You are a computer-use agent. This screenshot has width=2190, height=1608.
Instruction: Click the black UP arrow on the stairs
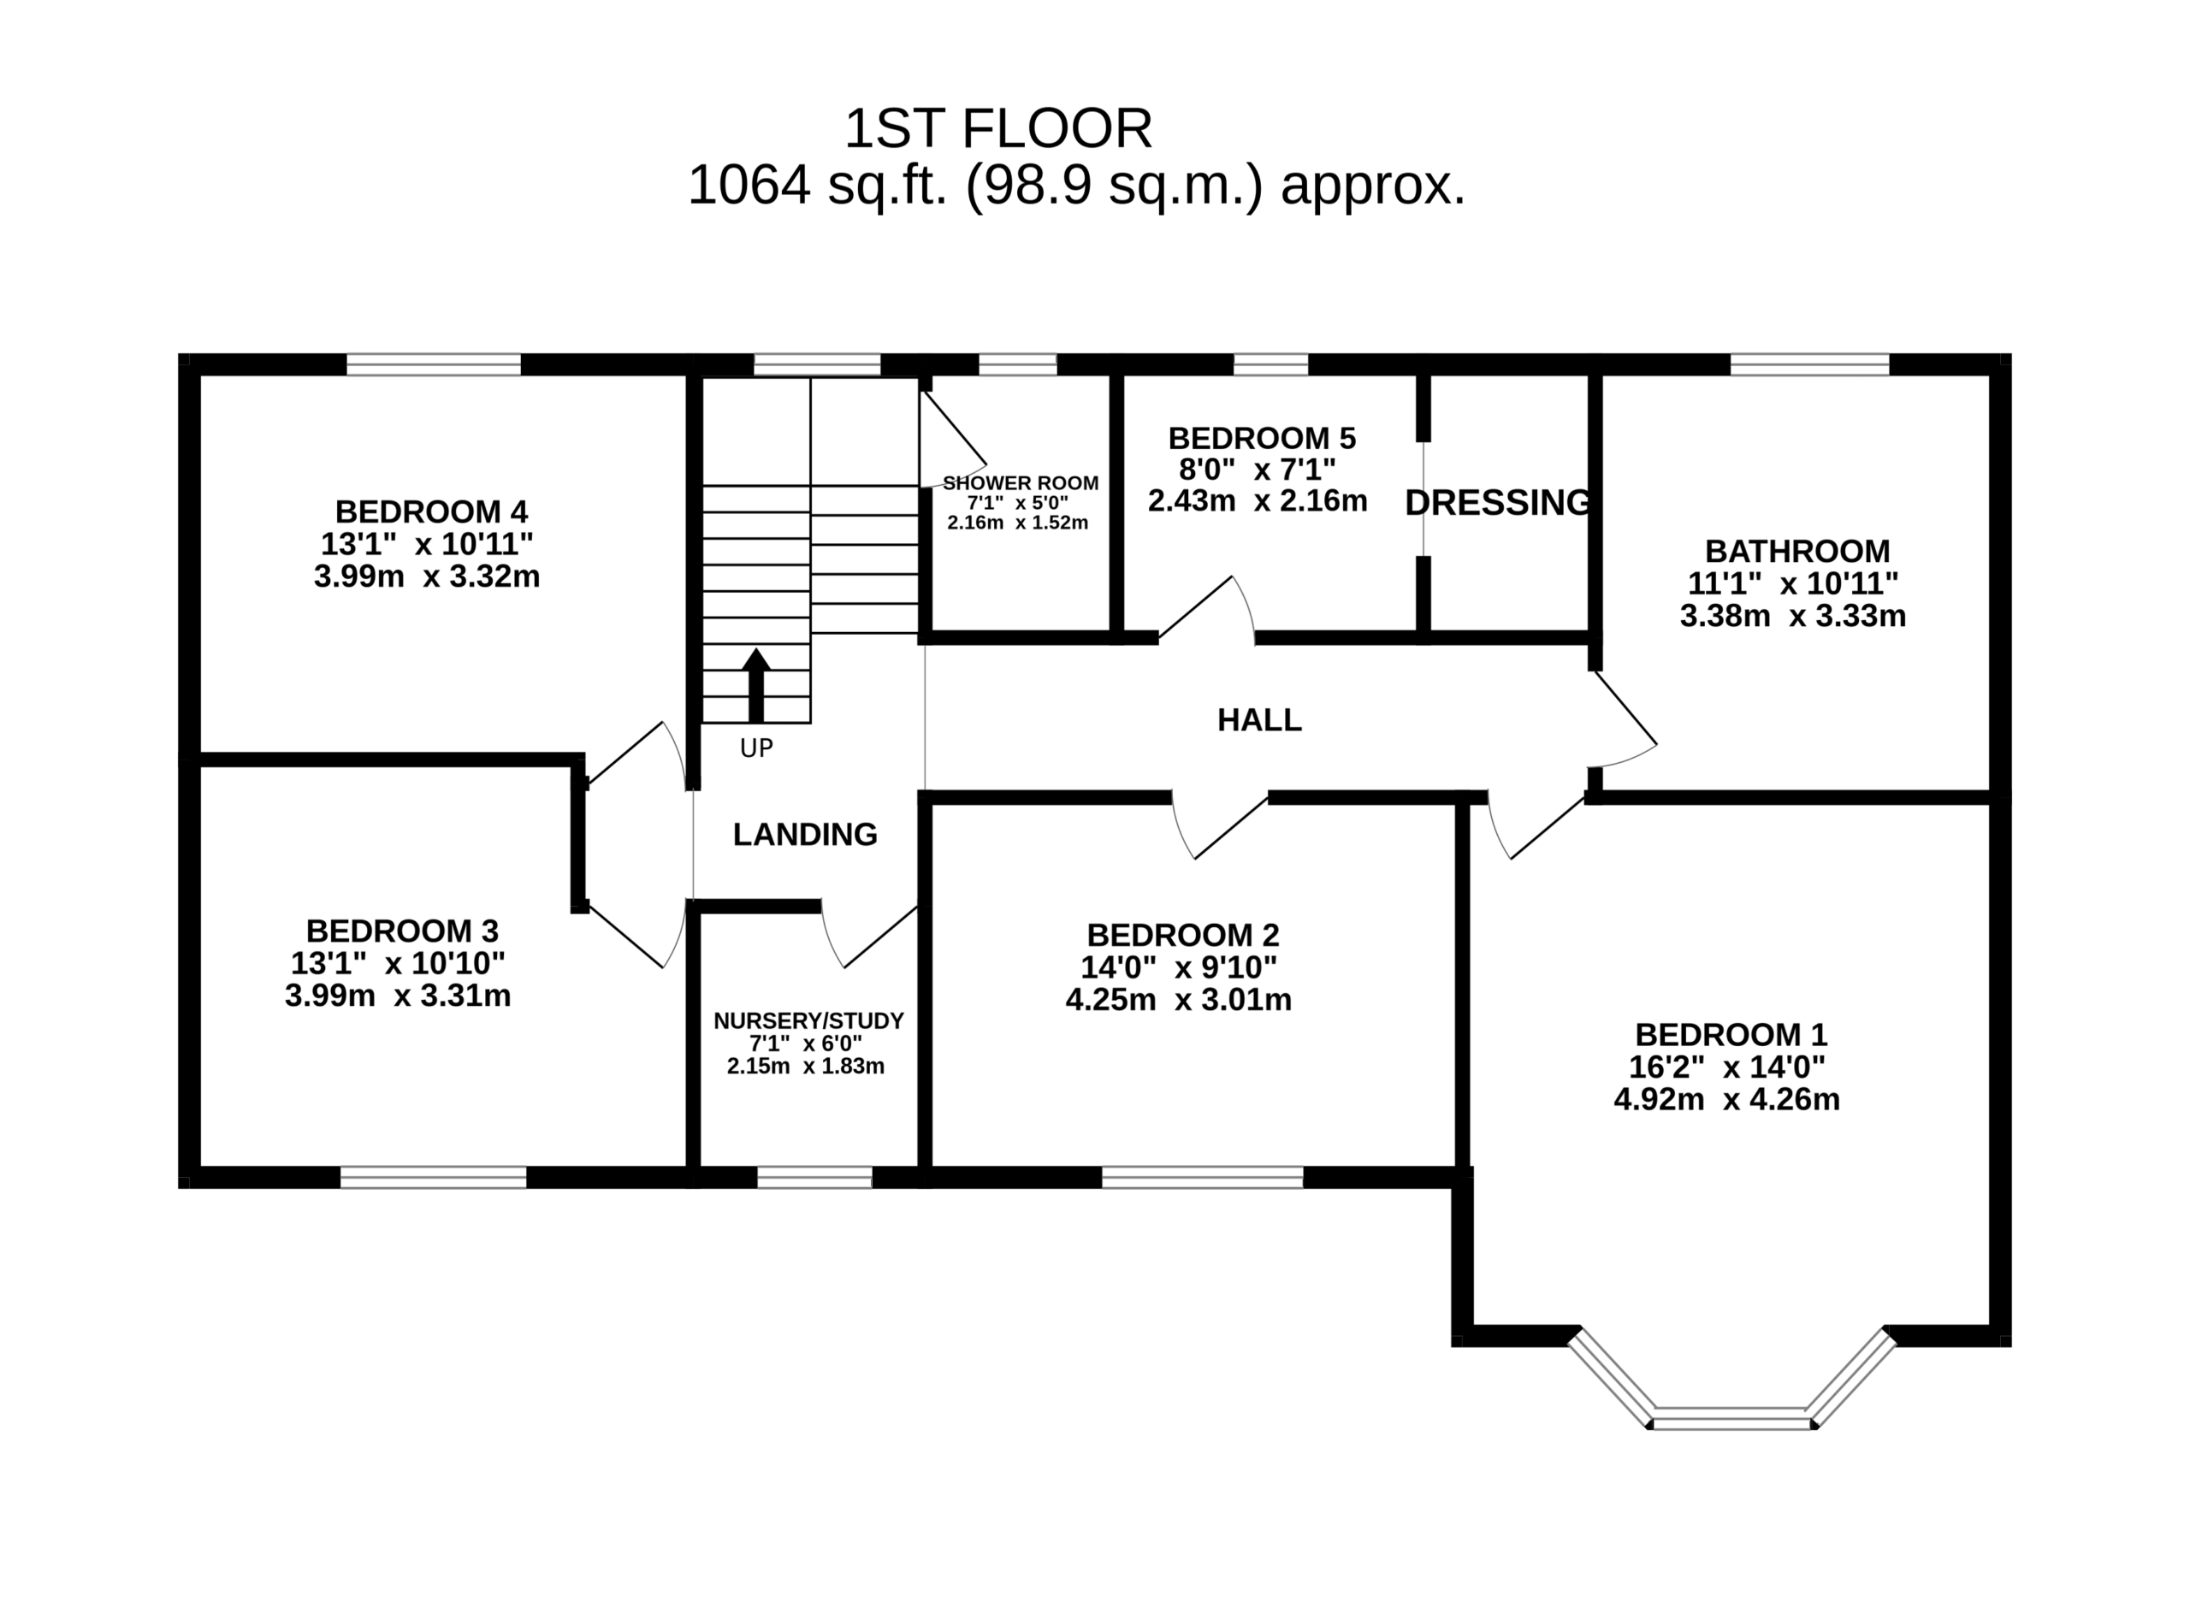click(756, 685)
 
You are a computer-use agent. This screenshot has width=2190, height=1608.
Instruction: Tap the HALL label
click(1259, 720)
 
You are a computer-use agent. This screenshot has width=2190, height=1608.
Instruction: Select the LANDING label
click(805, 834)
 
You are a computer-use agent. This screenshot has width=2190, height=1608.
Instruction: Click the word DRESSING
click(1499, 502)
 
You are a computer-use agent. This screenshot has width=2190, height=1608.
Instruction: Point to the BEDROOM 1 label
click(1731, 1034)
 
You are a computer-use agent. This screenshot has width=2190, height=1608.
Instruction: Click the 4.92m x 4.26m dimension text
click(1726, 1099)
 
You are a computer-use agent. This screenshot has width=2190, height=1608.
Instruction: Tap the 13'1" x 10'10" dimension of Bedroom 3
click(398, 962)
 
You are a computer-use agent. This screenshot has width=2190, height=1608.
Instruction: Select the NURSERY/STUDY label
click(808, 1020)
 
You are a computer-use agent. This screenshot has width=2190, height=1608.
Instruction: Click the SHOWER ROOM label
click(1020, 482)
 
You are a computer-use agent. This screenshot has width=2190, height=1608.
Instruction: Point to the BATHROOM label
click(1797, 551)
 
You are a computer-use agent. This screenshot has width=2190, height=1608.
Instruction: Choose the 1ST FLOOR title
click(998, 128)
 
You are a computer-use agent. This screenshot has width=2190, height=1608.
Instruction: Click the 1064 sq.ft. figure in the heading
click(818, 185)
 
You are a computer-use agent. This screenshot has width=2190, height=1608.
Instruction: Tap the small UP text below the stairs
click(756, 748)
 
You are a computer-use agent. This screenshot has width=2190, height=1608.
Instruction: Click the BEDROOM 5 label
click(1263, 438)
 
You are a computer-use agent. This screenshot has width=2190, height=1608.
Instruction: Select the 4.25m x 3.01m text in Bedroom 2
click(1179, 1000)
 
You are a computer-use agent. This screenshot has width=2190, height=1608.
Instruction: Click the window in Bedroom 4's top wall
click(434, 365)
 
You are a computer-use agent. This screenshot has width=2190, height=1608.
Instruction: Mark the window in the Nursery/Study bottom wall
click(814, 1178)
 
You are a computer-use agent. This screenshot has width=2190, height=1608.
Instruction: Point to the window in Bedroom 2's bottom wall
click(1202, 1178)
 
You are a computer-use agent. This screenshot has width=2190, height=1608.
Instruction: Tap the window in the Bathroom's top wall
click(1810, 365)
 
